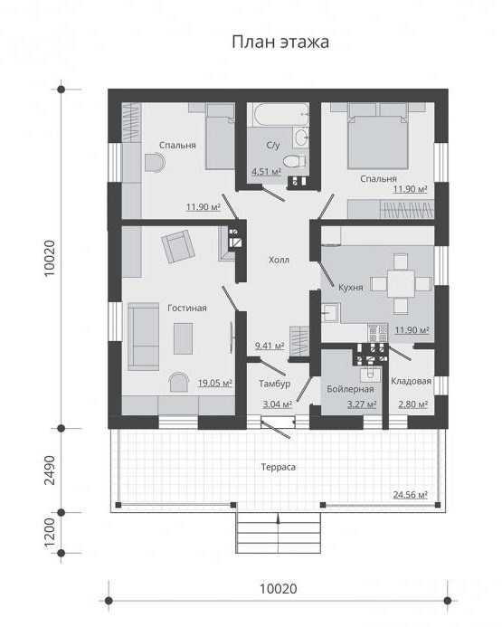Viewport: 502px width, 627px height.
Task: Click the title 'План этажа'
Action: point(280,42)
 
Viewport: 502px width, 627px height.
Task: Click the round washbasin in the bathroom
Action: point(301,138)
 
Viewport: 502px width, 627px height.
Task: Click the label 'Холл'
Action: point(279,260)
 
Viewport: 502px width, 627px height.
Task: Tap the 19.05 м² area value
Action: point(215,383)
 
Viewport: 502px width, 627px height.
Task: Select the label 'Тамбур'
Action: point(274,384)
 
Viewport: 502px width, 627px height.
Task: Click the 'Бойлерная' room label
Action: point(350,389)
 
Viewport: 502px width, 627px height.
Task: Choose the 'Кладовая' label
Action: point(411,381)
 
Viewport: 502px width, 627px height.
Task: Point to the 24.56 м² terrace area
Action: point(411,495)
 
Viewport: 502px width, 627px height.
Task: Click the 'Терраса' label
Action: point(279,467)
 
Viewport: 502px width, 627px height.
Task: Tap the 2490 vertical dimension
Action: point(50,470)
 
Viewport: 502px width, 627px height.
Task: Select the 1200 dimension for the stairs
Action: point(50,533)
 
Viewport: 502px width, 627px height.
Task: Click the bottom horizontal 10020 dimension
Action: point(279,589)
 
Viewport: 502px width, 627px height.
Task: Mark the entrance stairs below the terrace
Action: point(279,533)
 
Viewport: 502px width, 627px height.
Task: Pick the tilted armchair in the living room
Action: point(178,247)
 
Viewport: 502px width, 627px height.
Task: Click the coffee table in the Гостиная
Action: point(183,338)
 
